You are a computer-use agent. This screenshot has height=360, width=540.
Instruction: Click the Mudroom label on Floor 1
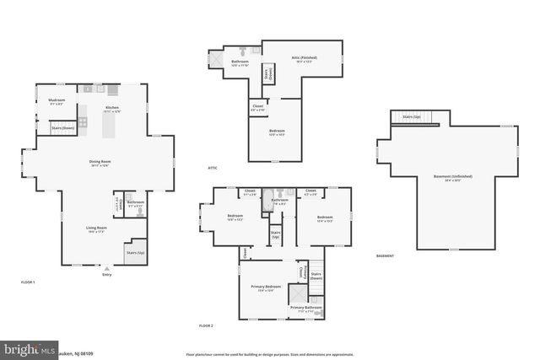click(56, 101)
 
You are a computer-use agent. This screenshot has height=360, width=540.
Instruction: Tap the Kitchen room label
click(111, 108)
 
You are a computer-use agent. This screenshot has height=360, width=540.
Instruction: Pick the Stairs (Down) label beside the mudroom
click(63, 128)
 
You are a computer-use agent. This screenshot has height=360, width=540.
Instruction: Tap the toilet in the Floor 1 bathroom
click(138, 212)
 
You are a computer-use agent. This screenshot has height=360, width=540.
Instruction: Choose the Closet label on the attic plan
click(258, 106)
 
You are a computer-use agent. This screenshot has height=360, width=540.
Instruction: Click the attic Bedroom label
click(277, 131)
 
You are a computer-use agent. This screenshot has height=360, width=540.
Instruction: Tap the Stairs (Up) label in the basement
click(412, 116)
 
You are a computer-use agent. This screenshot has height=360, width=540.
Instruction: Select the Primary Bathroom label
click(306, 308)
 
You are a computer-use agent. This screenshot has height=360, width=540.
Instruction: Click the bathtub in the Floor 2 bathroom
click(268, 201)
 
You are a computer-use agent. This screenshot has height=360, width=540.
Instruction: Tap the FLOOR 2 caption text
click(206, 325)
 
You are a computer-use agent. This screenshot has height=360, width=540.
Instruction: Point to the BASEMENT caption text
click(386, 255)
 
